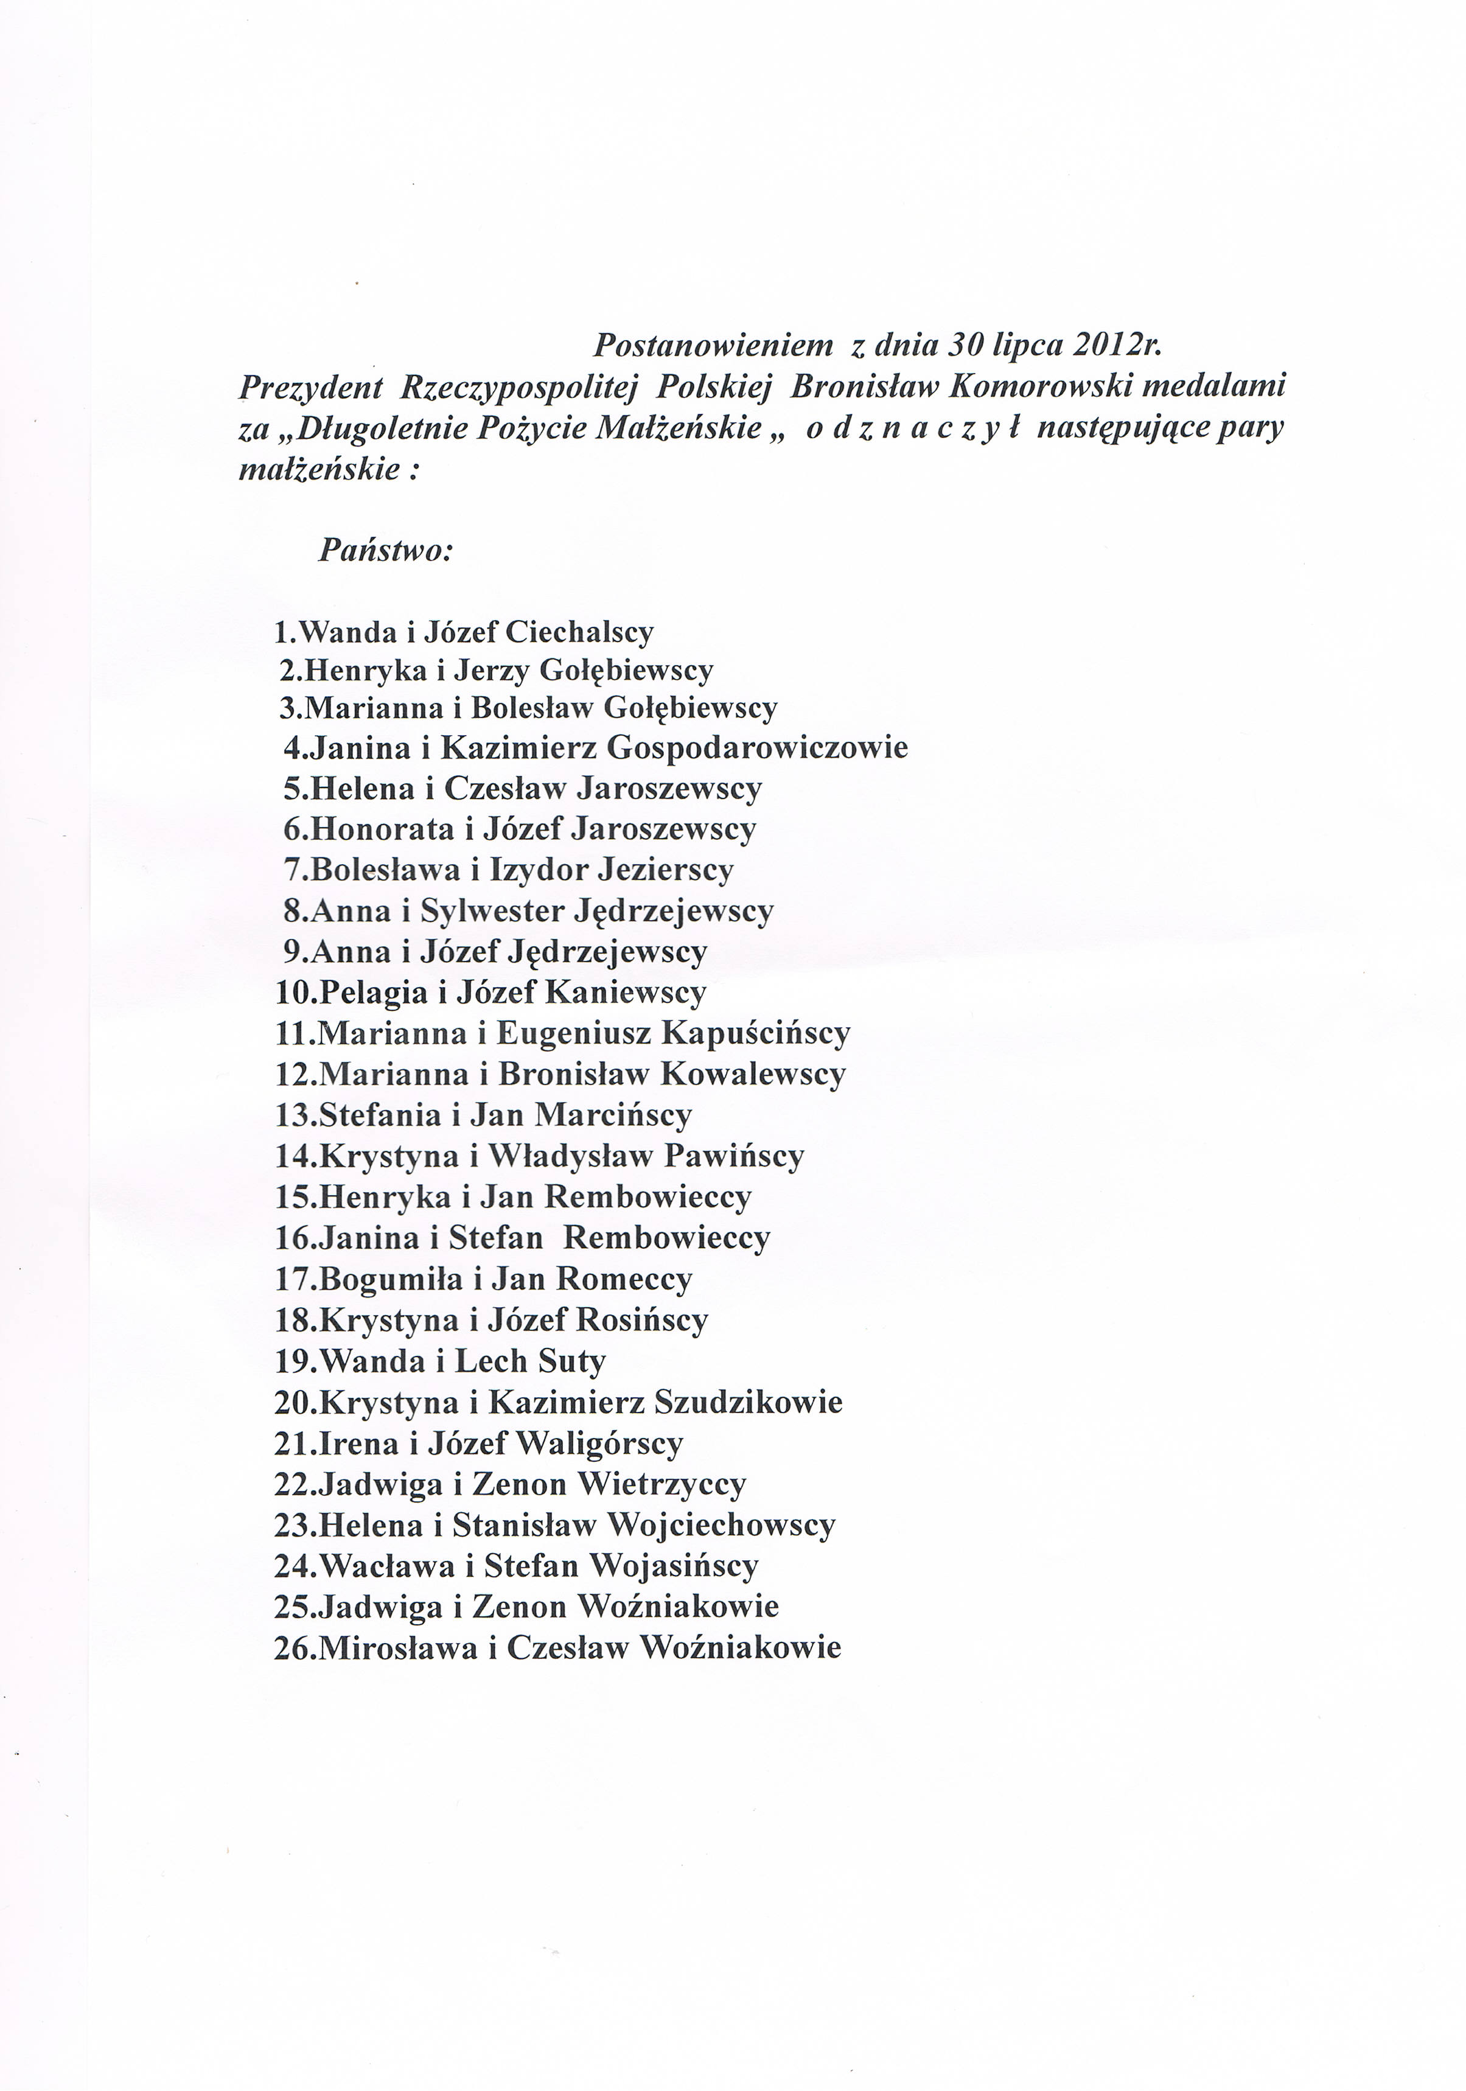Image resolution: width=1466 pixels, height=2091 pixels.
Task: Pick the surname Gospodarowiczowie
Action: pyautogui.click(x=756, y=748)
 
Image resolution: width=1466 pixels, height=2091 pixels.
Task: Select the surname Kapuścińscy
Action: pyautogui.click(x=756, y=1033)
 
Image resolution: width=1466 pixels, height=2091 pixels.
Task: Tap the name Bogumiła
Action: pyautogui.click(x=391, y=1280)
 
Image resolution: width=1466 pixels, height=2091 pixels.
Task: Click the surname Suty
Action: pyautogui.click(x=572, y=1361)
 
